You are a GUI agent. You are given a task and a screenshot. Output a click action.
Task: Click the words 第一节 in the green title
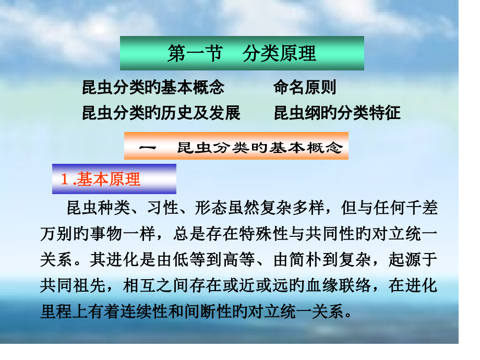pyautogui.click(x=195, y=54)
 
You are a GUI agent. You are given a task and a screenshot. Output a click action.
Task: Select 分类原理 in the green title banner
pyautogui.click(x=280, y=54)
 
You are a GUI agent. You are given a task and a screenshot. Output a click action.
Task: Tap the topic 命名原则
pyautogui.click(x=305, y=87)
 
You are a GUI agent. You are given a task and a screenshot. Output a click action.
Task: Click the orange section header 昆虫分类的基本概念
pyautogui.click(x=259, y=148)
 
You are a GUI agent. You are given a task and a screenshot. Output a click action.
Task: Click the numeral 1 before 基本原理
pyautogui.click(x=64, y=179)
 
